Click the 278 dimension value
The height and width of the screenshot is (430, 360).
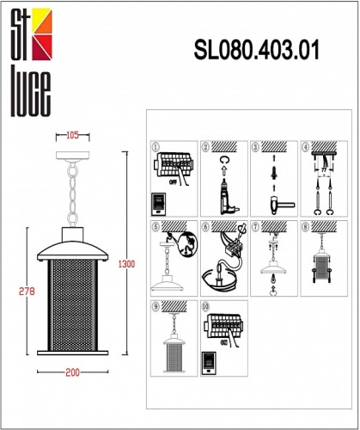(x=26, y=291)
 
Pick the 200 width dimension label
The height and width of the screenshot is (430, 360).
(x=72, y=372)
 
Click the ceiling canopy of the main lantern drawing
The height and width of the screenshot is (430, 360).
(x=72, y=157)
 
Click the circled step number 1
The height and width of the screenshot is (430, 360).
(x=156, y=146)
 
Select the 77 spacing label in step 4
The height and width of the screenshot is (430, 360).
(x=323, y=171)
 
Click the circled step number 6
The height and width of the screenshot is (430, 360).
(x=205, y=227)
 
